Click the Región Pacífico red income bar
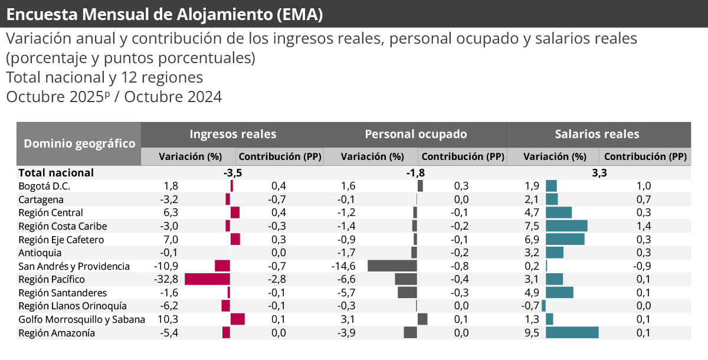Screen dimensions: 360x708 (207, 279)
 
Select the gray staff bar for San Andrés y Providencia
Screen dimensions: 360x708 (392, 266)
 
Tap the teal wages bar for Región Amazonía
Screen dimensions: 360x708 (572, 333)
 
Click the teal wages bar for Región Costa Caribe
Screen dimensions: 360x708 (566, 225)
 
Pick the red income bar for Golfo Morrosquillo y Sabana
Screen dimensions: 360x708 (237, 319)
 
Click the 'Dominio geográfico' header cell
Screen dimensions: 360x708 (79, 143)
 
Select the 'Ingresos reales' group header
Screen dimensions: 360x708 (232, 134)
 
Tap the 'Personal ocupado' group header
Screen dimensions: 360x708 (415, 134)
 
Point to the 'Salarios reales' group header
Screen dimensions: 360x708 (596, 134)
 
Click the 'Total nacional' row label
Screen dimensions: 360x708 (56, 172)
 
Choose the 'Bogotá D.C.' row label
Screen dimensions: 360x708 (44, 186)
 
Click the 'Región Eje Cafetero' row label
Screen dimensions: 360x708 (61, 240)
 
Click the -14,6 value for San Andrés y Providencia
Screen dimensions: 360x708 (343, 266)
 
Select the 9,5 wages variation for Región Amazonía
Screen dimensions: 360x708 (532, 333)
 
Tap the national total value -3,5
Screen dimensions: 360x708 (232, 173)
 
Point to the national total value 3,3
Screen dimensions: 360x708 (599, 173)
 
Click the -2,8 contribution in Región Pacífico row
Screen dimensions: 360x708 (277, 279)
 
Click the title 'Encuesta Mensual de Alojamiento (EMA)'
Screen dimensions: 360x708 (165, 14)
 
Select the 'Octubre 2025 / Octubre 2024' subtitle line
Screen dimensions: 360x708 (114, 97)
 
